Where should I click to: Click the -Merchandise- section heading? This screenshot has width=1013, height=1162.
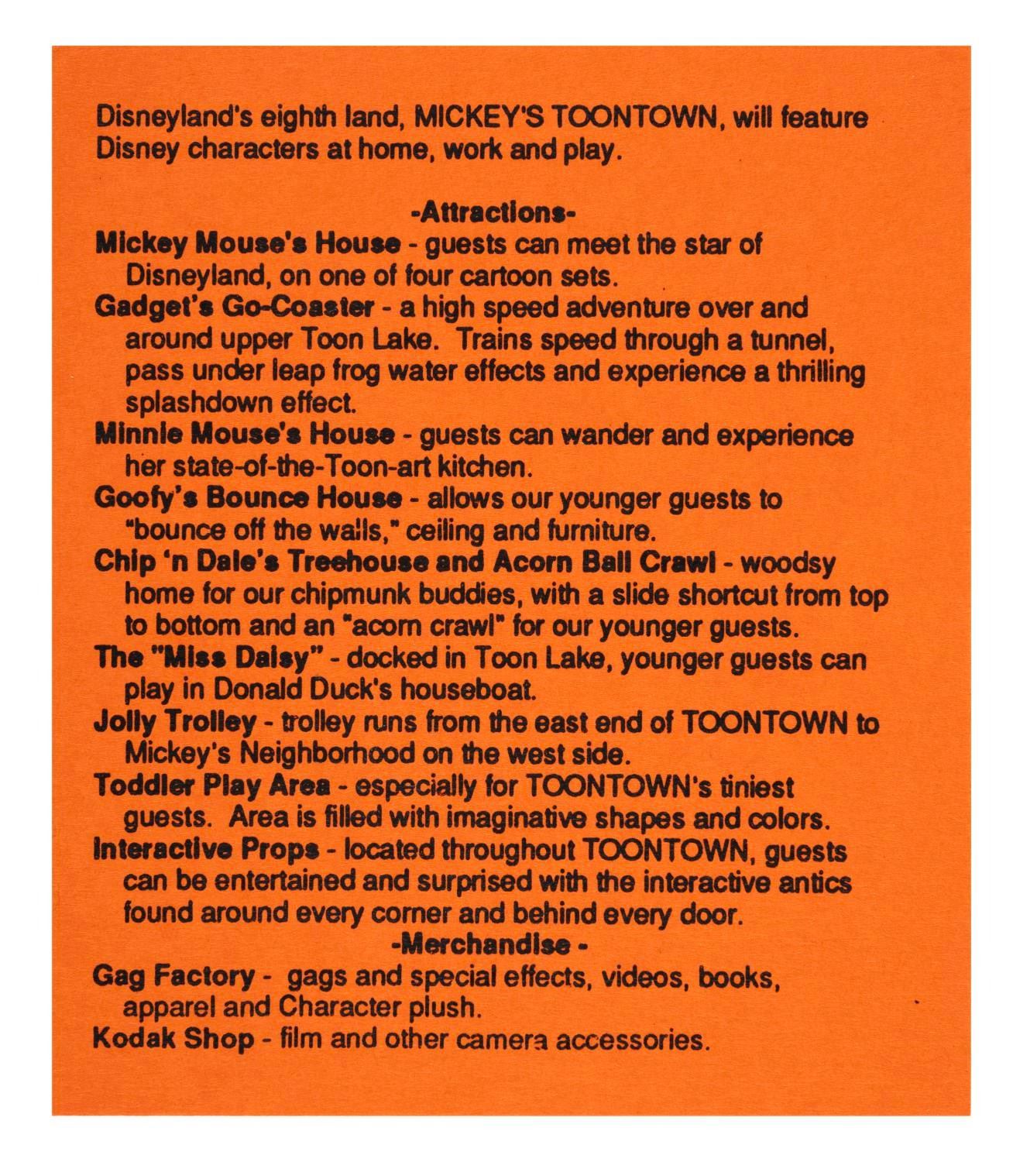tap(490, 945)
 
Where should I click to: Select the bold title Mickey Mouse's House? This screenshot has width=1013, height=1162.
tap(248, 244)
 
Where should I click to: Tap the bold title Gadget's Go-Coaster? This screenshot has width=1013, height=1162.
tap(235, 308)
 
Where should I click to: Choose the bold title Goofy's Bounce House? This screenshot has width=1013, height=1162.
tap(248, 498)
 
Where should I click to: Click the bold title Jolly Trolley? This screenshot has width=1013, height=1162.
tap(174, 723)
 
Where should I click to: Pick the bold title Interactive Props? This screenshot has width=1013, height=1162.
tap(206, 850)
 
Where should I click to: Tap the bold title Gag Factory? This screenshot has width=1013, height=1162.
tap(173, 976)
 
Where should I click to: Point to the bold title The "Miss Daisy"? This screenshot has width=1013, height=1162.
tap(208, 659)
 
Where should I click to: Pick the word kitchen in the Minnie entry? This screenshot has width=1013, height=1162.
tap(486, 467)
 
